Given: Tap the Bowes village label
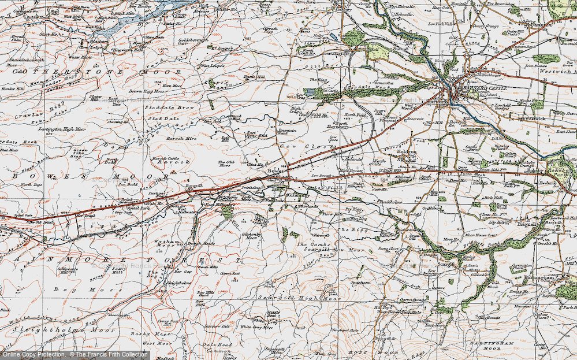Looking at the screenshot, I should tap(274, 172).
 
